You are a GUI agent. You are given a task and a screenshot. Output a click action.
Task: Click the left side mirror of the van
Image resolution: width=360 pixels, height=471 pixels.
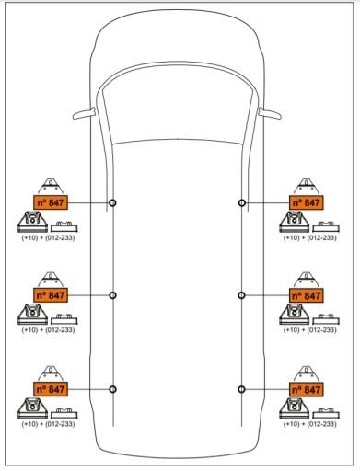click(84, 113)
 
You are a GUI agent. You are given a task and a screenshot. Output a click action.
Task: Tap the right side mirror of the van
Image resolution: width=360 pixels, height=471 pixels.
click(270, 113)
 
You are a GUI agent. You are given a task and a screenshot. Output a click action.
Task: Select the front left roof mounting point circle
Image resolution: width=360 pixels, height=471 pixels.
click(112, 202)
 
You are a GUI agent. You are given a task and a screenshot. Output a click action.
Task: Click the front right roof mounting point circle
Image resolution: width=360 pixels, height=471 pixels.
click(242, 202)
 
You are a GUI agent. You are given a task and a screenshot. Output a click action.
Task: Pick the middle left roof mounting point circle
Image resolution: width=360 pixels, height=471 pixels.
click(112, 295)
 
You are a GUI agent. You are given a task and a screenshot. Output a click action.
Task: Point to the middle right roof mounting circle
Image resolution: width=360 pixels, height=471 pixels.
click(241, 295)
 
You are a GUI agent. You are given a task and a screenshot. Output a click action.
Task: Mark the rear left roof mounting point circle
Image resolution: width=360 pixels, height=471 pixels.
click(112, 389)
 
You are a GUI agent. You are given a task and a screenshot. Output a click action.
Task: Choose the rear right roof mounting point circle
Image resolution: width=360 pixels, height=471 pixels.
click(241, 389)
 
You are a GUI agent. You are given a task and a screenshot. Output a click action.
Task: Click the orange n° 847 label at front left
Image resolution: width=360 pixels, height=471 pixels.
click(51, 202)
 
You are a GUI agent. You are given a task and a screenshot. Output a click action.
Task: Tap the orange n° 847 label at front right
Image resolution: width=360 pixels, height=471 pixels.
click(307, 202)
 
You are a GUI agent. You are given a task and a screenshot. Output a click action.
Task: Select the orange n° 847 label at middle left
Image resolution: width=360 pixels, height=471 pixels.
click(51, 295)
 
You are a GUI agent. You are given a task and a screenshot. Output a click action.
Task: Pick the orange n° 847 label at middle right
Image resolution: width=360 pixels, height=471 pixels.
click(307, 295)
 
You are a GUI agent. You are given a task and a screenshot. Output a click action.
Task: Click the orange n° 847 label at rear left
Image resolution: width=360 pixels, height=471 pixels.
click(51, 389)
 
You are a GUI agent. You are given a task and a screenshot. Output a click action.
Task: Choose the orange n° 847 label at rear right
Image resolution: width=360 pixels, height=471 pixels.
click(307, 389)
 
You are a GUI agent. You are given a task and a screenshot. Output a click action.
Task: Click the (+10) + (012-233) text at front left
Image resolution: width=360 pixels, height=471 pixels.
click(48, 237)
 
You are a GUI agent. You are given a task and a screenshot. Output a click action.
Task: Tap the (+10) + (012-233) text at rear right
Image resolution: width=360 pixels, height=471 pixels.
click(309, 424)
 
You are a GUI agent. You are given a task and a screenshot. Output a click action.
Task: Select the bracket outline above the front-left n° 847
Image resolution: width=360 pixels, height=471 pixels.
click(51, 186)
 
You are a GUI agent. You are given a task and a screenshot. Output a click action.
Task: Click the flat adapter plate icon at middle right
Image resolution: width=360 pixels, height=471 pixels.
click(326, 319)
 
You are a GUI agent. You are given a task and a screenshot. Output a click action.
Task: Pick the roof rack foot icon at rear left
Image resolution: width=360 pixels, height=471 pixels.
click(32, 408)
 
